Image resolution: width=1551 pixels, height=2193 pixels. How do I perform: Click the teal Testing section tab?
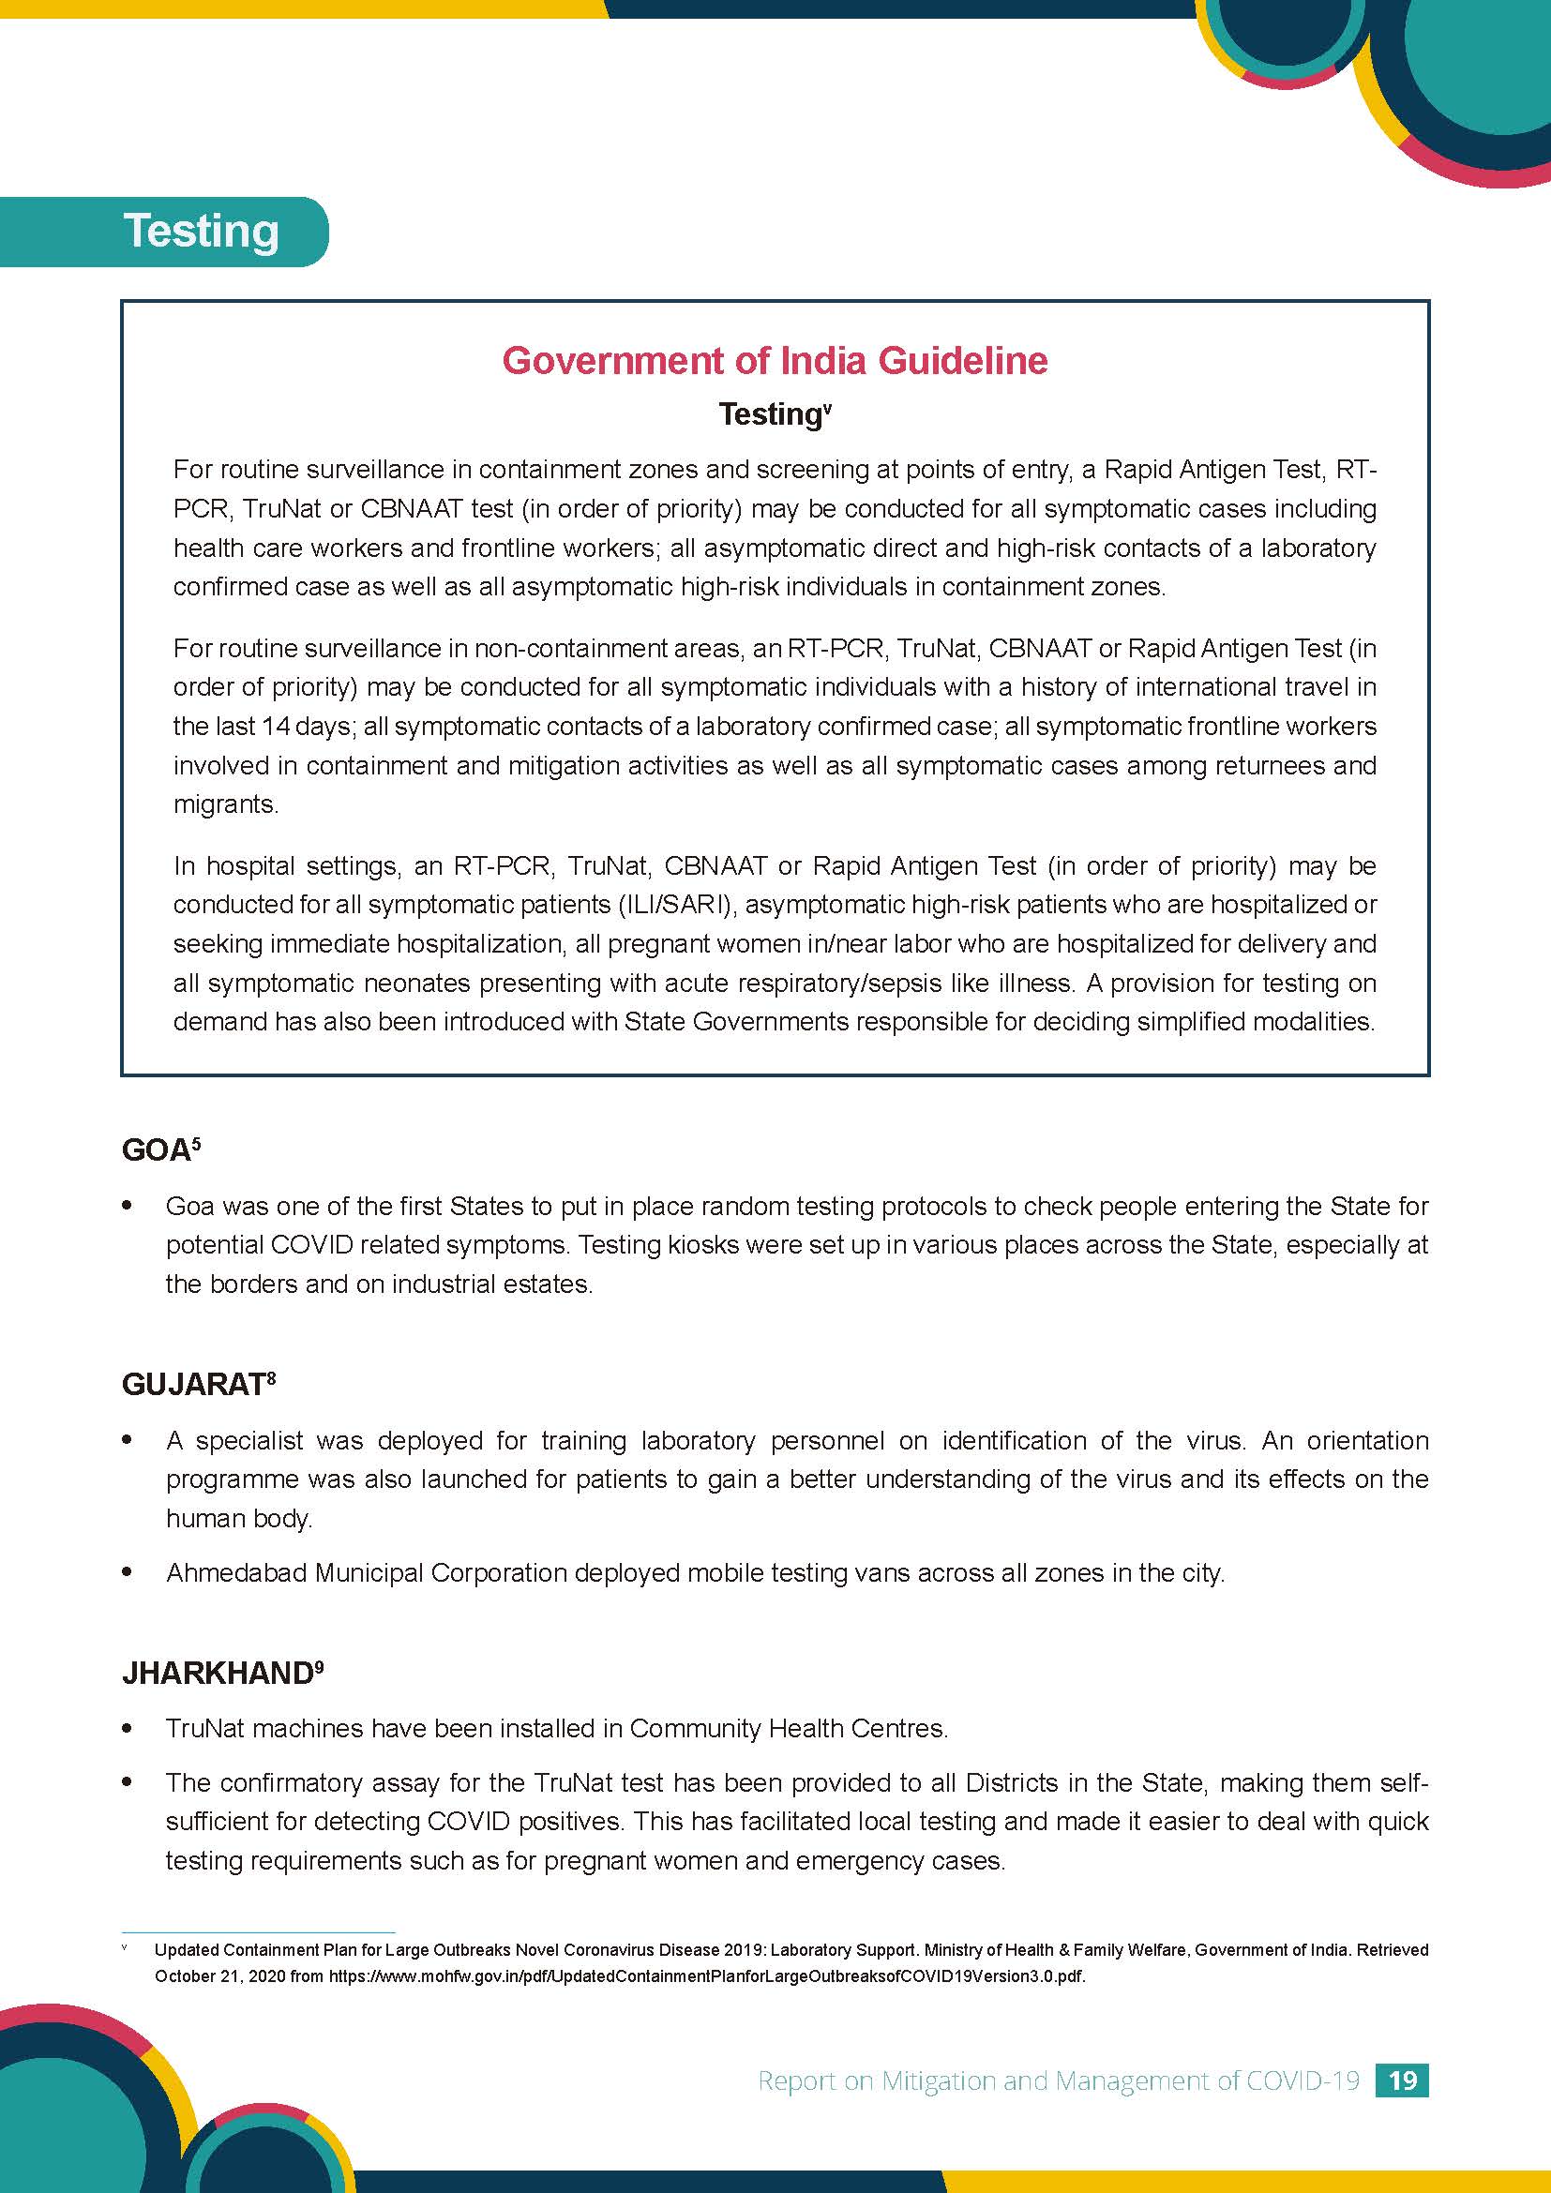pyautogui.click(x=201, y=232)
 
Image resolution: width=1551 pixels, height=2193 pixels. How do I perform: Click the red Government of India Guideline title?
pyautogui.click(x=775, y=360)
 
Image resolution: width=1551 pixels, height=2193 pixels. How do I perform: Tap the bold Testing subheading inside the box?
pyautogui.click(x=769, y=414)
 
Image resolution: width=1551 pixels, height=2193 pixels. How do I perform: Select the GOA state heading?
pyautogui.click(x=156, y=1151)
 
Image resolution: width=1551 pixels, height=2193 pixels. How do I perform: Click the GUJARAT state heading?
pyautogui.click(x=193, y=1384)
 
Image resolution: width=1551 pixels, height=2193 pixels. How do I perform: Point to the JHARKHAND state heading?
pyautogui.click(x=217, y=1673)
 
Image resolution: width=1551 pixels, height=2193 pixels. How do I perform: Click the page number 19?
pyautogui.click(x=1401, y=2080)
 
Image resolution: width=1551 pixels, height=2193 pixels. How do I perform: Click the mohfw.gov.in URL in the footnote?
pyautogui.click(x=707, y=1976)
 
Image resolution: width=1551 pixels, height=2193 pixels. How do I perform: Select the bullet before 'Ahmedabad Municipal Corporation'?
pyautogui.click(x=127, y=1571)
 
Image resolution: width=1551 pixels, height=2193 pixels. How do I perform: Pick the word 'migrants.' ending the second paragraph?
pyautogui.click(x=225, y=804)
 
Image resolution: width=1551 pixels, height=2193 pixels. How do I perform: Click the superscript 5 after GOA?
pyautogui.click(x=196, y=1142)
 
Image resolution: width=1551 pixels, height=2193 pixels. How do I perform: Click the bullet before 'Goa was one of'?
pyautogui.click(x=127, y=1206)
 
